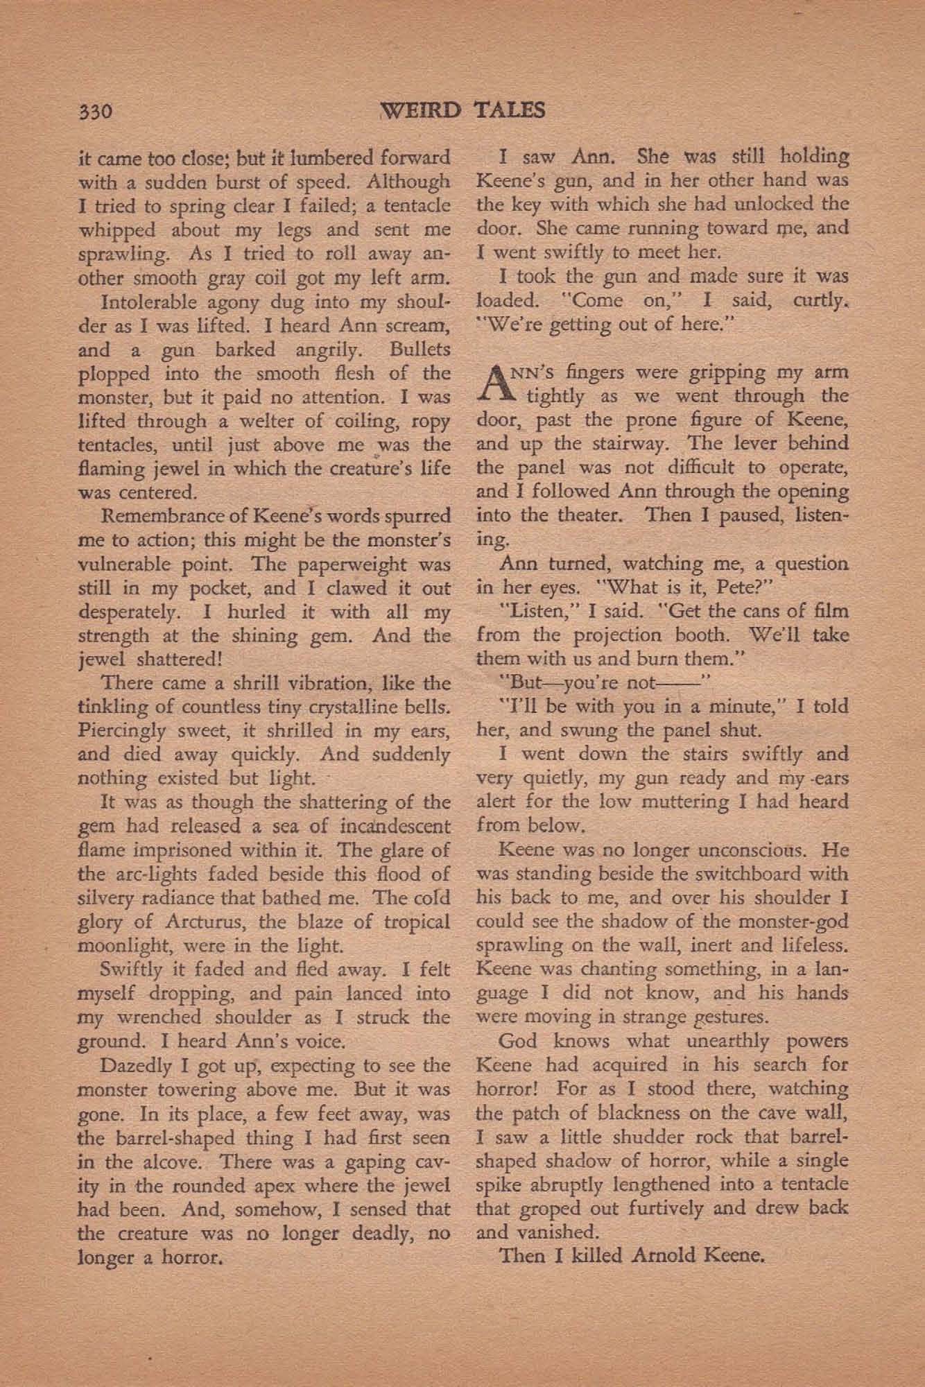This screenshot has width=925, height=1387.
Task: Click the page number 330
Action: [96, 111]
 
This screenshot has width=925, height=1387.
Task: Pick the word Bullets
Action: [420, 350]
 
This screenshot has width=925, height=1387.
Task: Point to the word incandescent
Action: [395, 827]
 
